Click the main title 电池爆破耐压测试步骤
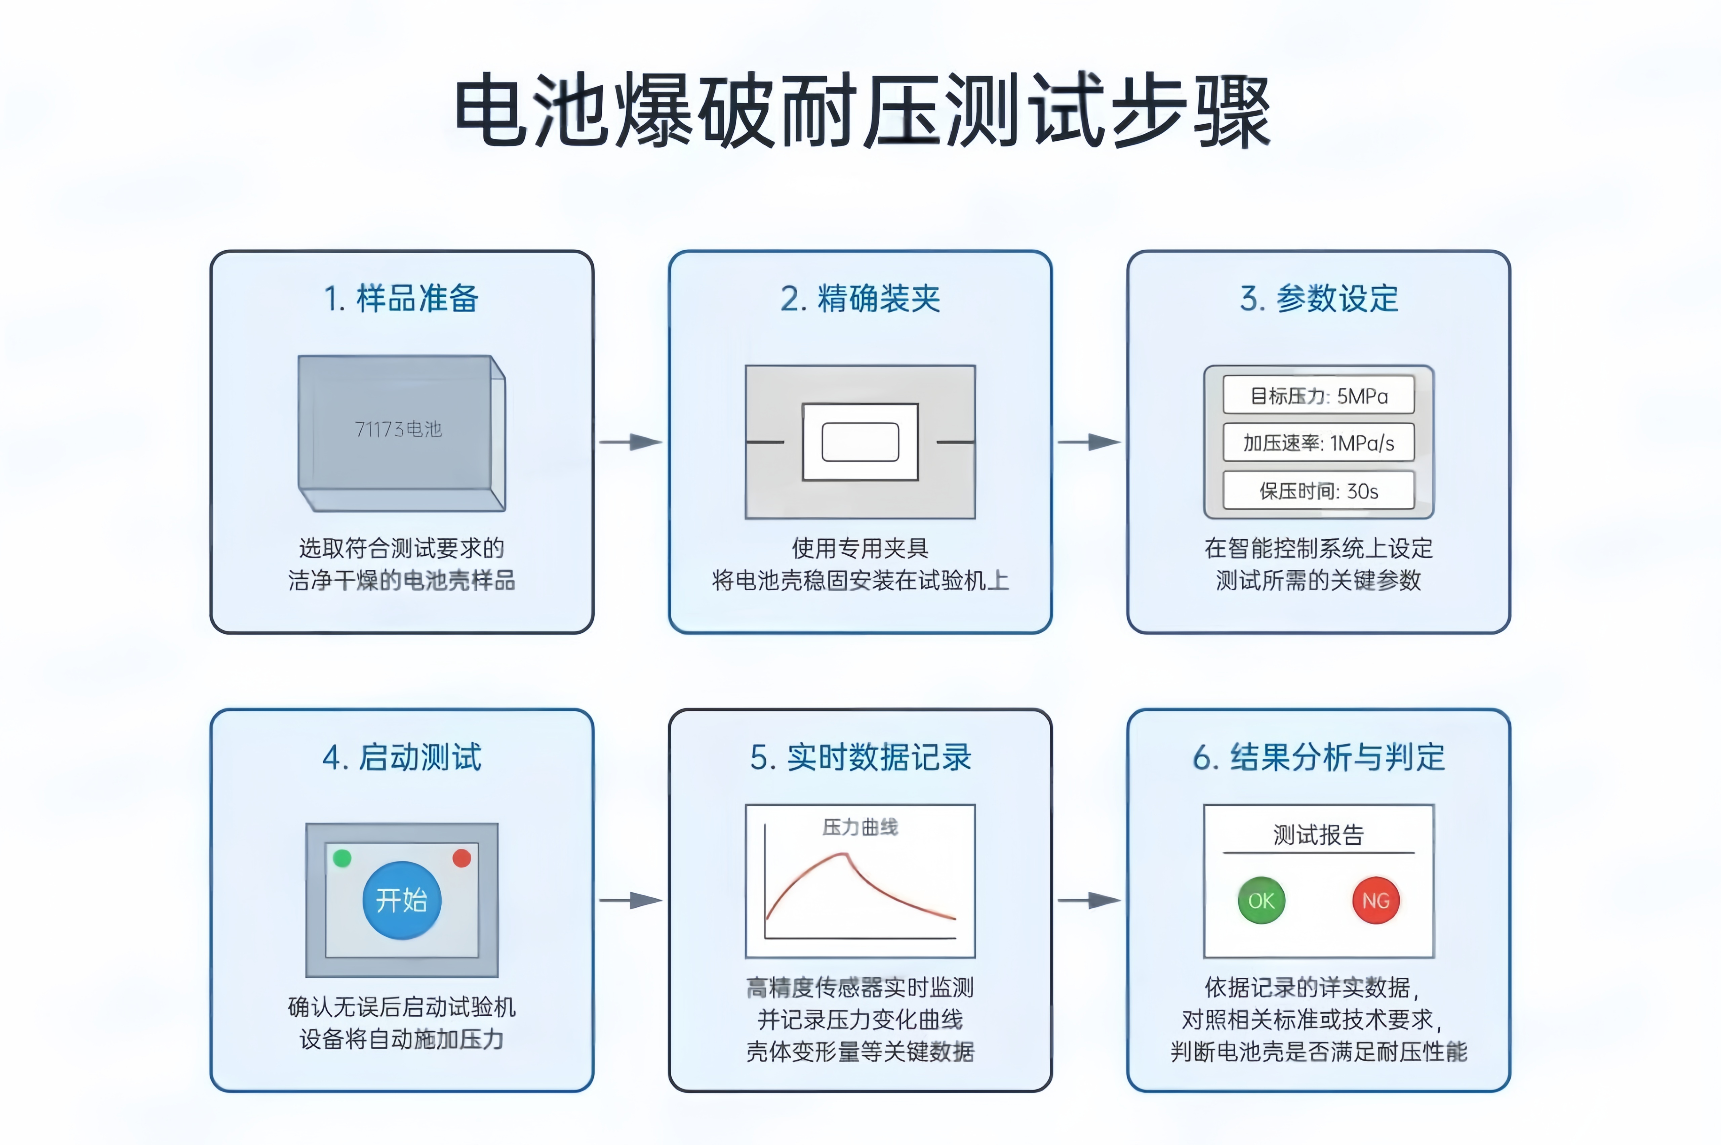coord(862,111)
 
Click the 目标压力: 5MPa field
coord(1319,396)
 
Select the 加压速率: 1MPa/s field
coord(1319,442)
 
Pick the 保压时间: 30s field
coord(1319,491)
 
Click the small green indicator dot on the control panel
coord(342,858)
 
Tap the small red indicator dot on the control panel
coord(462,858)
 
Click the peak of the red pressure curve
coord(846,854)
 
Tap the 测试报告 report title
coord(1319,835)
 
